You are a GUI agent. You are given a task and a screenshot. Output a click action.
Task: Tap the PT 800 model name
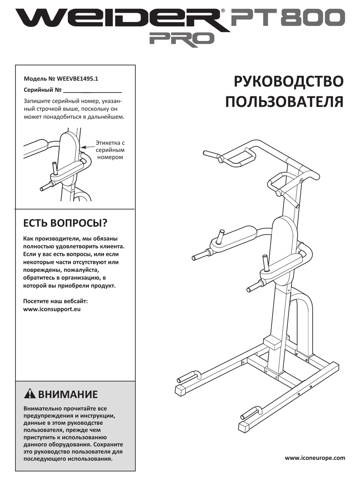click(288, 17)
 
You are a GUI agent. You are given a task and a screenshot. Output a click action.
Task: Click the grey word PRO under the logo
click(182, 39)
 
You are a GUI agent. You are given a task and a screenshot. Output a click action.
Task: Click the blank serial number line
click(92, 91)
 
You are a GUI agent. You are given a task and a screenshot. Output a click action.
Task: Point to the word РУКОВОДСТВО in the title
click(288, 82)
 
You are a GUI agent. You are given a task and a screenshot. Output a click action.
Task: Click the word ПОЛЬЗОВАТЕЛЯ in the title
click(284, 102)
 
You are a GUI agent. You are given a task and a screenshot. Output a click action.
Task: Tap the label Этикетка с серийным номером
click(110, 150)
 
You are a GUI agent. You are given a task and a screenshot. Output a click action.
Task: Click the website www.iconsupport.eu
click(52, 309)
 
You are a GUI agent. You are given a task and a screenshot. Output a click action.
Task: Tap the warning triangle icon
click(30, 394)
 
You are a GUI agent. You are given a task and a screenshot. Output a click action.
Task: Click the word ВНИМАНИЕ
click(68, 394)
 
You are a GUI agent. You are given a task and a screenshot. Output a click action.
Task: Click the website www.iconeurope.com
click(315, 458)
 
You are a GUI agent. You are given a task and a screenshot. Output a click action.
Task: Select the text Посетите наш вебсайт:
click(55, 301)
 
